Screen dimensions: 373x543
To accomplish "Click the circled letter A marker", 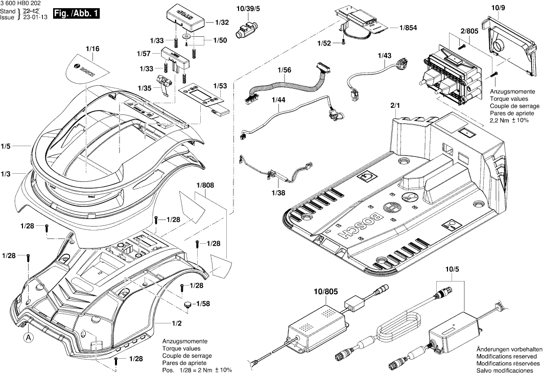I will tap(29, 337).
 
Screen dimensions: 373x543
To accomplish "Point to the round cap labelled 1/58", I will tap(188, 304).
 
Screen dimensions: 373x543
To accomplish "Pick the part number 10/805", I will tap(325, 291).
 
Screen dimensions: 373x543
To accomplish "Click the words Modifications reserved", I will tap(506, 356).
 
